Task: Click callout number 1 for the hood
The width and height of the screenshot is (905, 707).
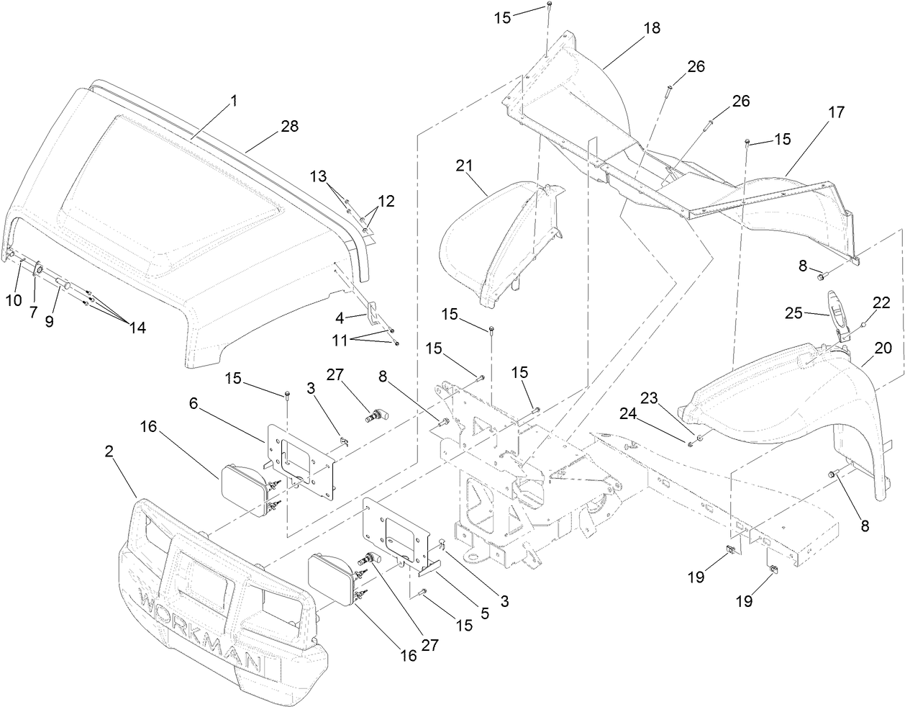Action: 232,102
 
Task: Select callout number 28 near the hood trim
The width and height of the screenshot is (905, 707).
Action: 269,126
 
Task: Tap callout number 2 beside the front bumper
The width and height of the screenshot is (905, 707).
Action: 109,451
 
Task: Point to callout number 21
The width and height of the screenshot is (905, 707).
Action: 464,166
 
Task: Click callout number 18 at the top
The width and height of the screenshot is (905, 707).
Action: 652,28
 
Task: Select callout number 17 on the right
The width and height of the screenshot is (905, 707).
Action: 836,112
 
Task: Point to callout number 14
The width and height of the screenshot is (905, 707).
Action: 137,327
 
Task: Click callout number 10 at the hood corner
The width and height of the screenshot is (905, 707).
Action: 14,300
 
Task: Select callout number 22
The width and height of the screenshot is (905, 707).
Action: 882,305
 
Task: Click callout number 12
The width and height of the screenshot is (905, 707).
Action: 386,201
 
